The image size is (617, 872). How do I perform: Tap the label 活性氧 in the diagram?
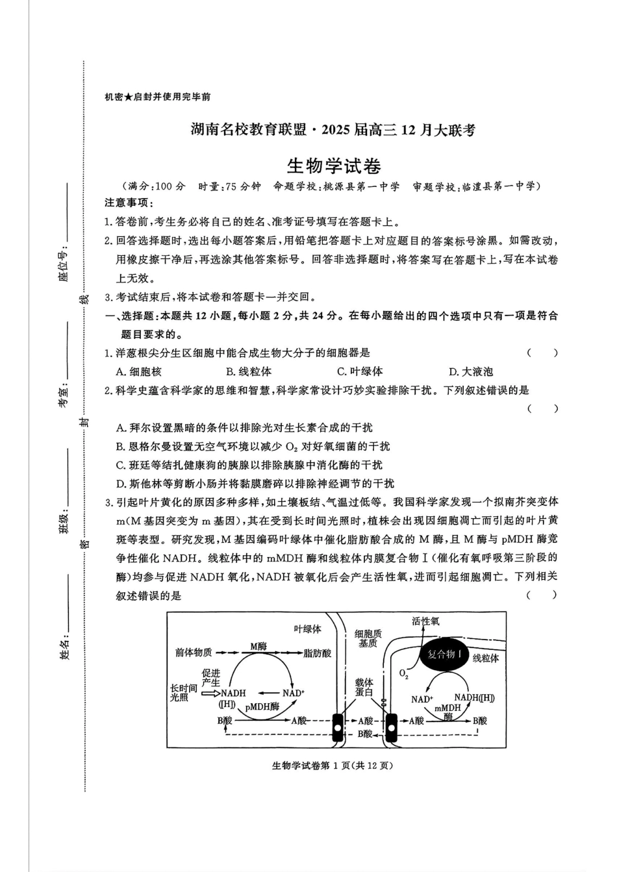point(425,621)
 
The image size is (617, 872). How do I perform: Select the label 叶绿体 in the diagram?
point(307,629)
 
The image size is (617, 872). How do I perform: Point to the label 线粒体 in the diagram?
point(485,658)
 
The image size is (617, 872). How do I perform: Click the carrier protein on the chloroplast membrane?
point(338,727)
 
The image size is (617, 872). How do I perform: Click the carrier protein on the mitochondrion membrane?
point(392,727)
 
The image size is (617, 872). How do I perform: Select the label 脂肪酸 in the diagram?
point(317,653)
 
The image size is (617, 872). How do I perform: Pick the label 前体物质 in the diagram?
point(194,653)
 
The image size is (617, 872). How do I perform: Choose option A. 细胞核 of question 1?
point(138,372)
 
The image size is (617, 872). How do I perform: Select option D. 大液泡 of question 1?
point(471,372)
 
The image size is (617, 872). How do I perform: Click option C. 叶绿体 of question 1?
point(360,372)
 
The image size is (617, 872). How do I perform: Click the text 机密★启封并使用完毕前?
point(157,97)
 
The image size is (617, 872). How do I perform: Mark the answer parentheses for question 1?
point(542,353)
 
